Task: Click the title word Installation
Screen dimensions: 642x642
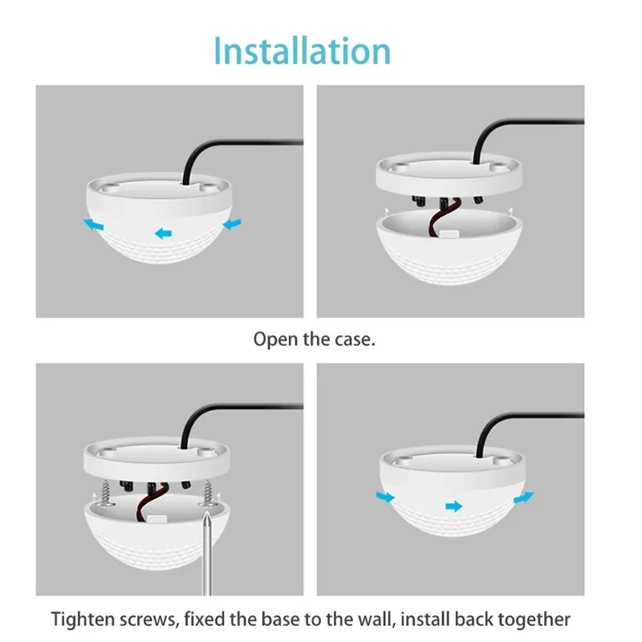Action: point(302,50)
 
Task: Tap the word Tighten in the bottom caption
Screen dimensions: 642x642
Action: point(83,620)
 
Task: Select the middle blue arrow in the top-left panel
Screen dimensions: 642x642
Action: point(163,234)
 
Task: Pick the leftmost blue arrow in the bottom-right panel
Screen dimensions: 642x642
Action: point(386,498)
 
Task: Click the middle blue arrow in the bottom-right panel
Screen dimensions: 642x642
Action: point(454,506)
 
